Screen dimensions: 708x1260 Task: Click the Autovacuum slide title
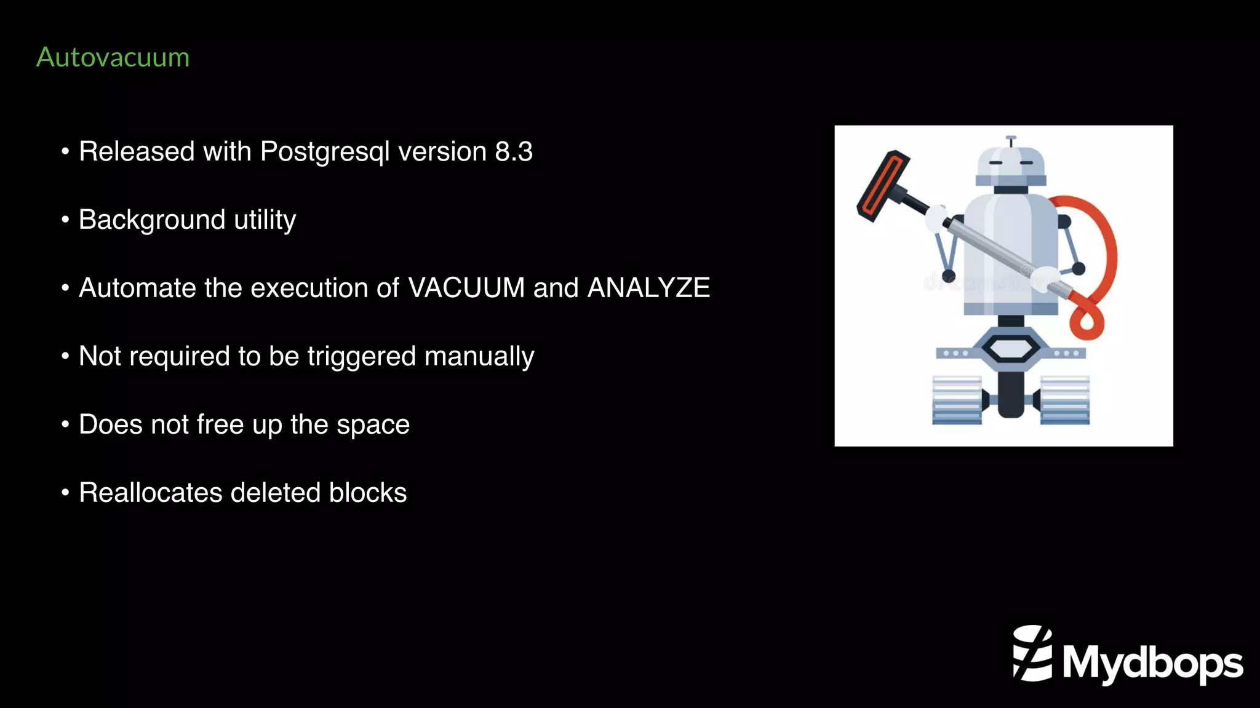pyautogui.click(x=113, y=57)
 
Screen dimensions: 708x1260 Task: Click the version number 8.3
pyautogui.click(x=514, y=151)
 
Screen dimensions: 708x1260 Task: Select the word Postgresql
pyautogui.click(x=325, y=152)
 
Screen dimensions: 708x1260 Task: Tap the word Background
pyautogui.click(x=152, y=220)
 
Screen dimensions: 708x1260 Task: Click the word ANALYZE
pyautogui.click(x=648, y=288)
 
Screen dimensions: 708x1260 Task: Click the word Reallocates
pyautogui.click(x=151, y=493)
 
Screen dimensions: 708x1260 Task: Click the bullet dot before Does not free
pyautogui.click(x=65, y=424)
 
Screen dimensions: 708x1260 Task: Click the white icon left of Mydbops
pyautogui.click(x=1032, y=653)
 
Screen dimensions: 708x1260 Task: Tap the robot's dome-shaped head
pyautogui.click(x=1010, y=164)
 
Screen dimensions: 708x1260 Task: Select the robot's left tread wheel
pyautogui.click(x=957, y=400)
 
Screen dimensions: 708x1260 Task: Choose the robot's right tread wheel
pyautogui.click(x=1065, y=400)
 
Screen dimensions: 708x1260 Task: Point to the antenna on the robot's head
pyautogui.click(x=1010, y=141)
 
